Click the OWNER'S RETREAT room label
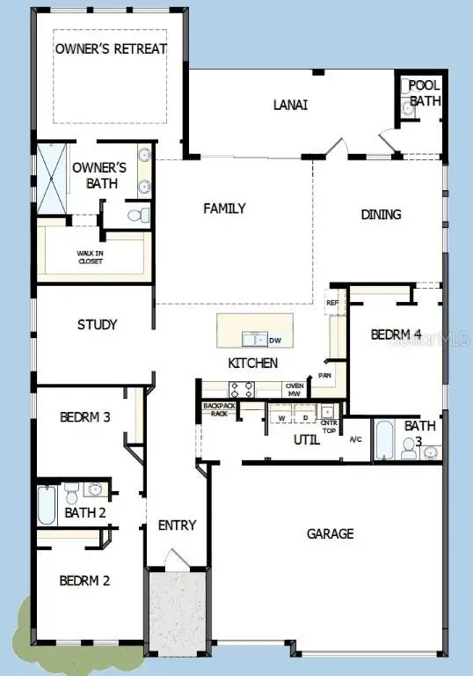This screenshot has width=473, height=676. pyautogui.click(x=111, y=48)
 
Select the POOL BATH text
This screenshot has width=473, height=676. pyautogui.click(x=426, y=93)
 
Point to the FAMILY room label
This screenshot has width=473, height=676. pyautogui.click(x=224, y=209)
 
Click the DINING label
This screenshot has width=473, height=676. pyautogui.click(x=381, y=214)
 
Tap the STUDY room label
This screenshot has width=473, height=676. pyautogui.click(x=97, y=324)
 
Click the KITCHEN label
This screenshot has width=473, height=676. pyautogui.click(x=253, y=363)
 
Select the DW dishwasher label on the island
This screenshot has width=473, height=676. pyautogui.click(x=274, y=341)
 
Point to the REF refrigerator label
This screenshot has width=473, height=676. pyautogui.click(x=331, y=303)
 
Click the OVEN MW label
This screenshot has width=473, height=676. pyautogui.click(x=295, y=389)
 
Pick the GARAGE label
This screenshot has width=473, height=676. pyautogui.click(x=330, y=533)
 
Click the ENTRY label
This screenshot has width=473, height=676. pyautogui.click(x=177, y=525)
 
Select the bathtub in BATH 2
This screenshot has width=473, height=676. pyautogui.click(x=47, y=506)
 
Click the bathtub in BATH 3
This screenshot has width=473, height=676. pyautogui.click(x=384, y=441)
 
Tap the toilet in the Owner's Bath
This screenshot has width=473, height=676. pyautogui.click(x=135, y=215)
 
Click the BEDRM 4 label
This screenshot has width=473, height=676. pyautogui.click(x=396, y=334)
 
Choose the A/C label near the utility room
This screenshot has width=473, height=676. pyautogui.click(x=356, y=438)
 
